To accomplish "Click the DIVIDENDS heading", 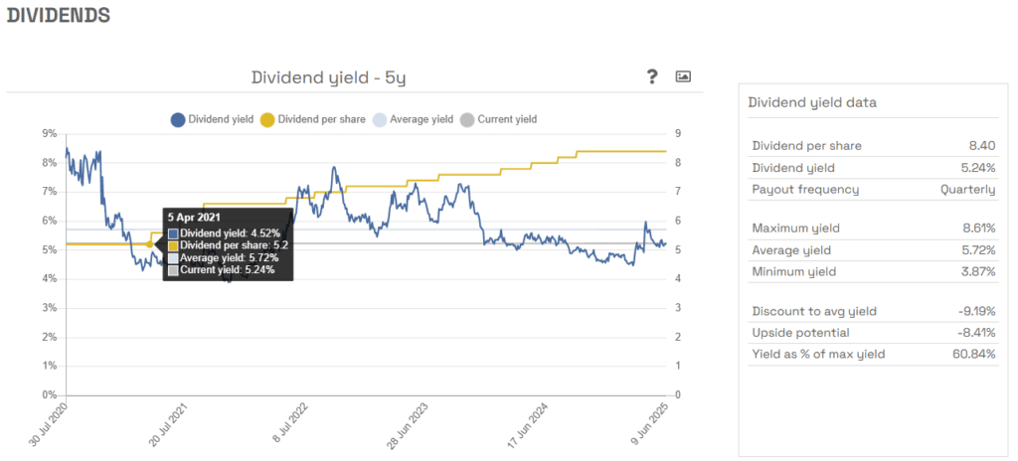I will pos(59,16).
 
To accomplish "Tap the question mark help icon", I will pos(652,77).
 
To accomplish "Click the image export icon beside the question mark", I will pos(683,77).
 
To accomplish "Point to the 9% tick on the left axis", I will pos(49,133).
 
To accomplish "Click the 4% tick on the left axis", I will pos(49,279).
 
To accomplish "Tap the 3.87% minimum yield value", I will pos(977,271).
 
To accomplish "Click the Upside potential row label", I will pos(800,333).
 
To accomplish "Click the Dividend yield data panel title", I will pos(811,102).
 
